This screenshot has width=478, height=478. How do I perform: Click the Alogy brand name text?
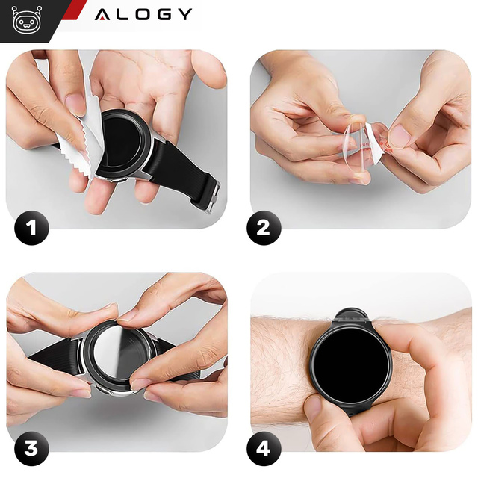[x=143, y=14]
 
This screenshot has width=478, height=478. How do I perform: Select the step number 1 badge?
[x=31, y=226]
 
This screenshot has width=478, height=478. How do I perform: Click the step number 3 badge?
[x=31, y=450]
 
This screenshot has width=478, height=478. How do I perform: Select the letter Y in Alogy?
[x=184, y=14]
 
